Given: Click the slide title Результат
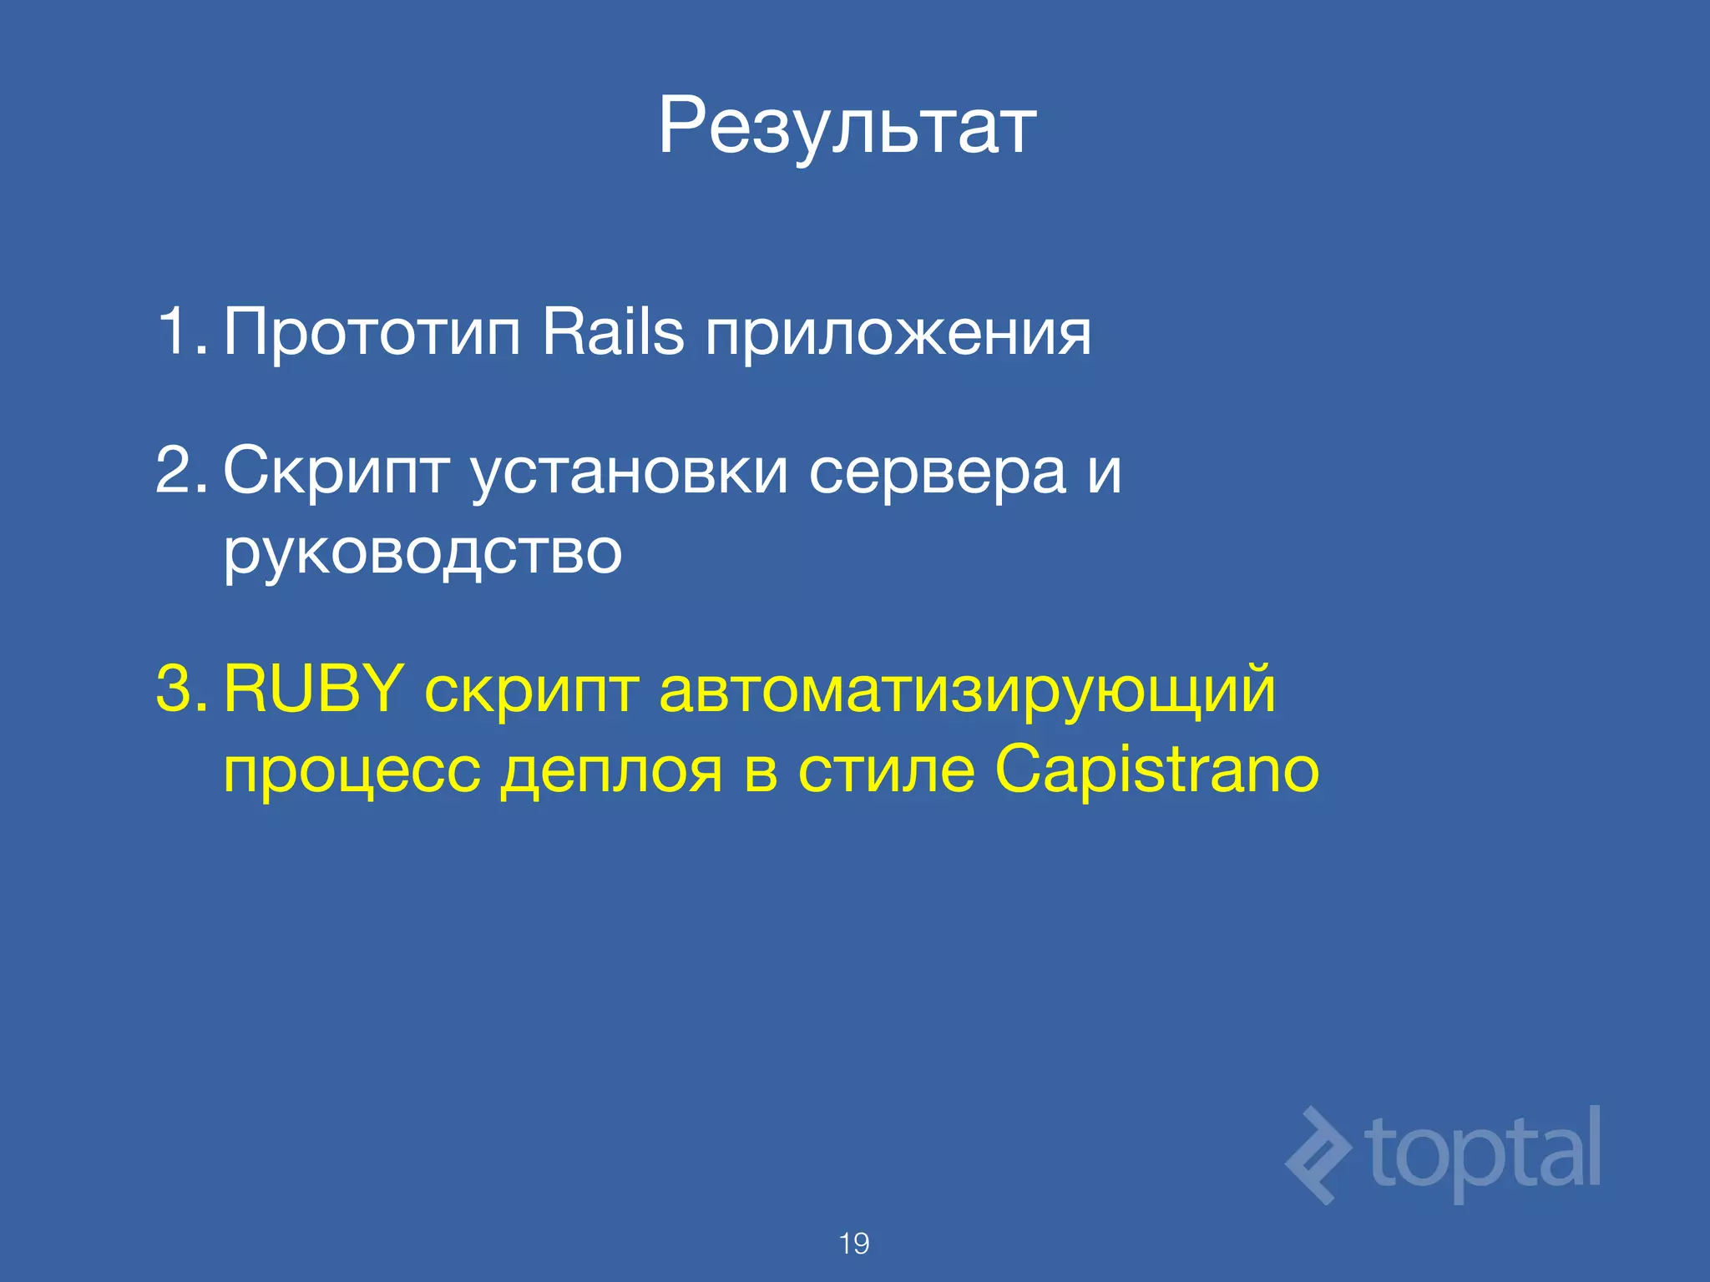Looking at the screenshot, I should pyautogui.click(x=847, y=127).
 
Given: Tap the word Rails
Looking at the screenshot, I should pyautogui.click(x=613, y=331).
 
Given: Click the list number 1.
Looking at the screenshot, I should pyautogui.click(x=180, y=331).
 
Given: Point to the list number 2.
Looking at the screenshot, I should pyautogui.click(x=180, y=471).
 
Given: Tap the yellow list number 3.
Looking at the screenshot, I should pyautogui.click(x=180, y=689).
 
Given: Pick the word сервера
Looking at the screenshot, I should pyautogui.click(x=937, y=472).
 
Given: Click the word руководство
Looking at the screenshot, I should pyautogui.click(x=422, y=553).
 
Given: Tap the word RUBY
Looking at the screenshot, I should pyautogui.click(x=314, y=689).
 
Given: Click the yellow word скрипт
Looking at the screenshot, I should pyautogui.click(x=532, y=693).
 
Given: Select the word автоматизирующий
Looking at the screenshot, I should pyautogui.click(x=967, y=693).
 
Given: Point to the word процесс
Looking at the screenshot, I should pyautogui.click(x=352, y=771).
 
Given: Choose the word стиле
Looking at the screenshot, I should pyautogui.click(x=887, y=770).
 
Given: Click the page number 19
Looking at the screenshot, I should pyautogui.click(x=854, y=1244).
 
